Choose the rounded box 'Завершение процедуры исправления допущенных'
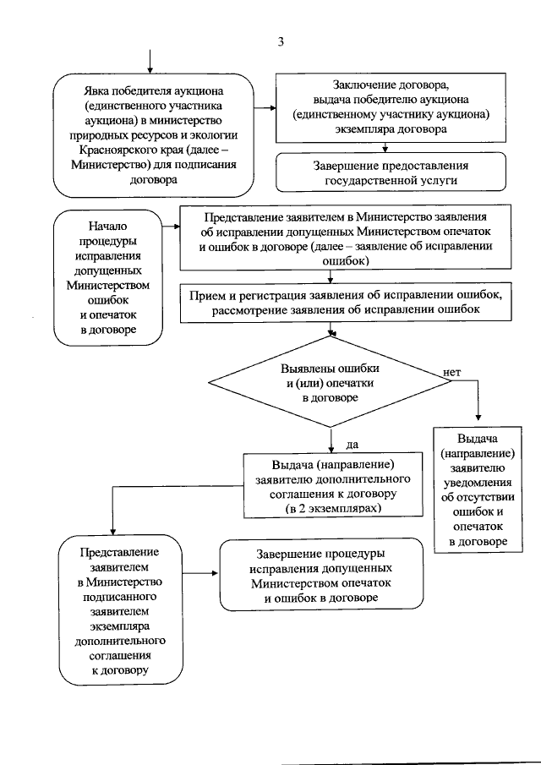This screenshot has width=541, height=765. [321, 576]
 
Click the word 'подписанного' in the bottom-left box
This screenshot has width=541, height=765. [118, 597]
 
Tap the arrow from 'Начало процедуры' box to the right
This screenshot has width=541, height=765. [174, 225]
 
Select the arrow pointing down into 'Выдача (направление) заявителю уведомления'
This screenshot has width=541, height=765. [478, 410]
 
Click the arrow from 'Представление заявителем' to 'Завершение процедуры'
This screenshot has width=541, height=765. [200, 574]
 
